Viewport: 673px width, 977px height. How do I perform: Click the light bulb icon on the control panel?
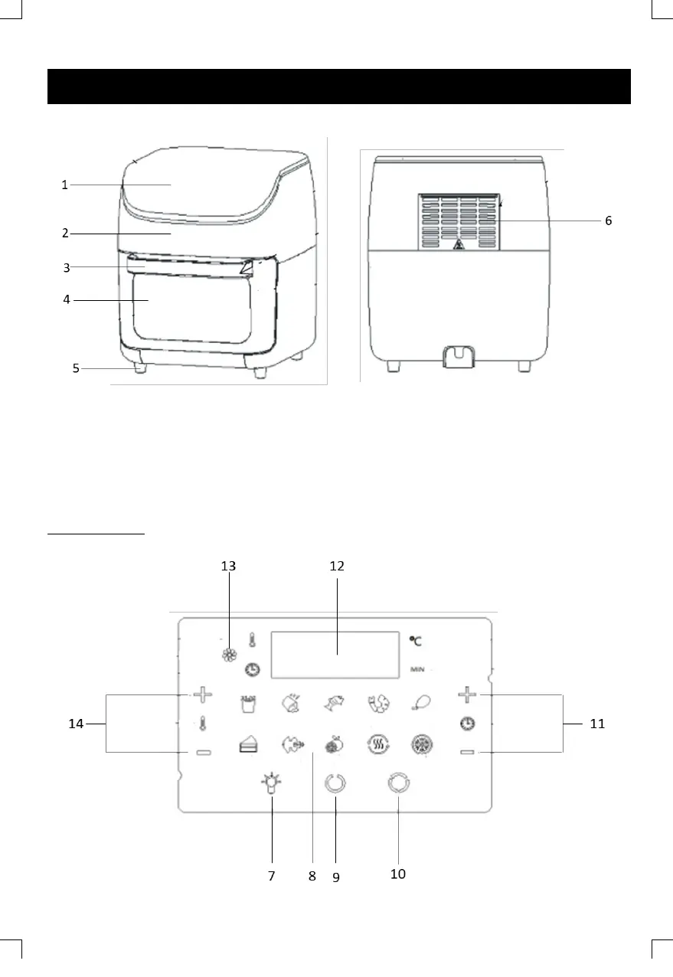click(271, 783)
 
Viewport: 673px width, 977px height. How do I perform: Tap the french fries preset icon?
click(248, 704)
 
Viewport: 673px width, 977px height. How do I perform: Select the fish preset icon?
click(335, 703)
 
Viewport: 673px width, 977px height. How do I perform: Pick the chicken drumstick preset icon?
click(421, 703)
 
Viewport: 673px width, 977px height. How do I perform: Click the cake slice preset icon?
click(249, 744)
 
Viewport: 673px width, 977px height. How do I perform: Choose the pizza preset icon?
click(422, 744)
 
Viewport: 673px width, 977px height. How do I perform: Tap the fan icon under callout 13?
click(230, 655)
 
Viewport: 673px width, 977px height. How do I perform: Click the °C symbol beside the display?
click(416, 641)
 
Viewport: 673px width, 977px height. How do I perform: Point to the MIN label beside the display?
click(417, 669)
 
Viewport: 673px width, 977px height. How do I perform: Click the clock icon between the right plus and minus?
click(468, 724)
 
